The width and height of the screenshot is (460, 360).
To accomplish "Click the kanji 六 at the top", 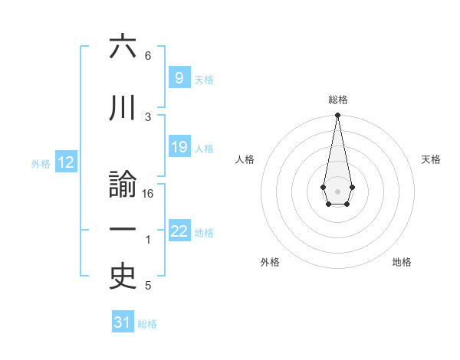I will [x=123, y=48].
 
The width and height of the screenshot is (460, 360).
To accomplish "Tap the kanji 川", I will [x=123, y=110].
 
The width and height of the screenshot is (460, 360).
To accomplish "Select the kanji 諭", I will [x=123, y=188].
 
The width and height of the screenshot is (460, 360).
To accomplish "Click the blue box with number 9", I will [x=179, y=77].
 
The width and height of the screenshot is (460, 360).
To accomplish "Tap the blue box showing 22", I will [x=179, y=231].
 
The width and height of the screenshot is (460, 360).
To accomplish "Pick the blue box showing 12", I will [x=65, y=162].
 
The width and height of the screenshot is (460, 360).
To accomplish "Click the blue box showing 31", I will [x=123, y=322].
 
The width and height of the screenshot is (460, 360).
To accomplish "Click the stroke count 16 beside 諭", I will [x=148, y=194].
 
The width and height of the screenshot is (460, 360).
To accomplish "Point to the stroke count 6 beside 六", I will [x=148, y=56].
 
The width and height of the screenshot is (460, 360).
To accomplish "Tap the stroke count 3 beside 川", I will [x=148, y=116].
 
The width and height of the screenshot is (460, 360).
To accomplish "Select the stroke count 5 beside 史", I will [x=148, y=286].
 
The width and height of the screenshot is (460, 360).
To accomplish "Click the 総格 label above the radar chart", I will [x=338, y=100].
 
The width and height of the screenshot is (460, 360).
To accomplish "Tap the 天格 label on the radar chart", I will [x=432, y=159].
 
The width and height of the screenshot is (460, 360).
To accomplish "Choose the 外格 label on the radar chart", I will [x=270, y=262].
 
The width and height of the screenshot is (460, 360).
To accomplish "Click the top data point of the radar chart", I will [x=337, y=116].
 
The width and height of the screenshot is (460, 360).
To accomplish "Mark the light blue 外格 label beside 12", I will [x=40, y=163].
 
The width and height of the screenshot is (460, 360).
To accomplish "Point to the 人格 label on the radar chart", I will [x=245, y=159].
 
